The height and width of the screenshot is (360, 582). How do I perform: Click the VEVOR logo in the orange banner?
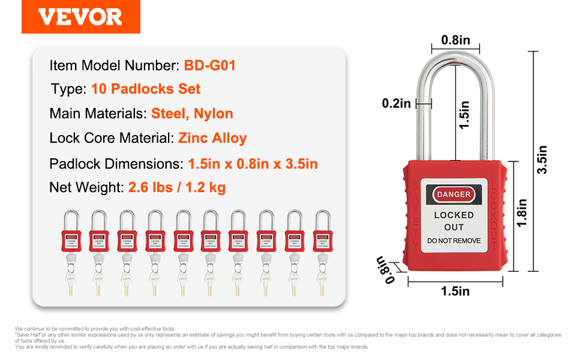(x=80, y=17)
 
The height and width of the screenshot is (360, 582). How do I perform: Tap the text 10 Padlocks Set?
(x=146, y=89)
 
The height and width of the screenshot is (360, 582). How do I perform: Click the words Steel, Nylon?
(x=192, y=113)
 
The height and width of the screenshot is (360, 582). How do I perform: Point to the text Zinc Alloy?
(x=212, y=138)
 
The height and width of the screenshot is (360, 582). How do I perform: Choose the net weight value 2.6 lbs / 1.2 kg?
(x=177, y=188)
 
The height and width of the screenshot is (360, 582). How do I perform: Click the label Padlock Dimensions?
(x=116, y=163)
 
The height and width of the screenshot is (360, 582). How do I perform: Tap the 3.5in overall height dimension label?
(x=542, y=160)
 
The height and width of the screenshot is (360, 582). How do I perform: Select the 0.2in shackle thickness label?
(x=397, y=103)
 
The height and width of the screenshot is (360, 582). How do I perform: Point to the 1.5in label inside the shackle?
(x=464, y=115)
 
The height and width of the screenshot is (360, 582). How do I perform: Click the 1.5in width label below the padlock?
(x=455, y=291)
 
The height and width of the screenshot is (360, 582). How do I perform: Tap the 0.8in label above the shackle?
(x=456, y=40)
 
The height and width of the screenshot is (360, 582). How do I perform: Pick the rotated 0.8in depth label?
(x=385, y=269)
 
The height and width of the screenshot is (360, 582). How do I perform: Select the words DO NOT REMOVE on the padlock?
(x=454, y=241)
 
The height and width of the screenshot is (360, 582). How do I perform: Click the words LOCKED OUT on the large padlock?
(x=454, y=221)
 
